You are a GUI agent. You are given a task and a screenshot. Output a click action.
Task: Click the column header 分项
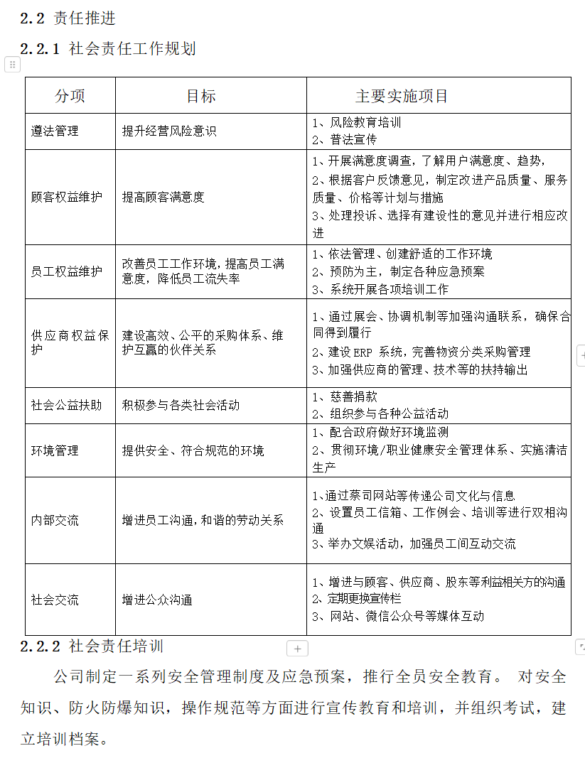click(x=70, y=96)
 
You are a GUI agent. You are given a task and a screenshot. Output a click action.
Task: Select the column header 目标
click(x=201, y=96)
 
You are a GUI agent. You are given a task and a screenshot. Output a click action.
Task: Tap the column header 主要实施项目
click(x=402, y=96)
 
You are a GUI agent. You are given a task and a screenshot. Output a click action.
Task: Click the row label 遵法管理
click(x=55, y=131)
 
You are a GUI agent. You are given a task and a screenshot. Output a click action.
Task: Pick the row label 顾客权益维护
click(x=66, y=197)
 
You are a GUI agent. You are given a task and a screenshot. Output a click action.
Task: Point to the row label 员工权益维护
click(x=66, y=271)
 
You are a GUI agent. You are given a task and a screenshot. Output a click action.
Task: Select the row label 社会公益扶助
click(x=66, y=405)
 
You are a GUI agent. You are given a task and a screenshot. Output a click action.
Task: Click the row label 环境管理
click(x=55, y=450)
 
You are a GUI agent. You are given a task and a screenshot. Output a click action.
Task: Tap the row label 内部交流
click(x=55, y=520)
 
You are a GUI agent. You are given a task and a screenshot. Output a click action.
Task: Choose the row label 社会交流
click(x=55, y=600)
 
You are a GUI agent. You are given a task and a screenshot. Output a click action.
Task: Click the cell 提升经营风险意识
click(x=168, y=131)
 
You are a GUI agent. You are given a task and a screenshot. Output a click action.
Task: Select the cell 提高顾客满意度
click(x=163, y=197)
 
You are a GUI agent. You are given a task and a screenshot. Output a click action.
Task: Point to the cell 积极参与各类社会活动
click(x=181, y=405)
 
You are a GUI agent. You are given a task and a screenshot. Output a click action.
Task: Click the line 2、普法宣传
click(x=345, y=140)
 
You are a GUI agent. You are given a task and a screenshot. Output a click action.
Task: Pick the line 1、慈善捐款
click(x=345, y=396)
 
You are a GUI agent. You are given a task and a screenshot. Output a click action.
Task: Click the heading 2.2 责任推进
click(x=68, y=18)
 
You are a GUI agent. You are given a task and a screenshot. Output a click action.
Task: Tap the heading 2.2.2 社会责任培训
click(x=92, y=646)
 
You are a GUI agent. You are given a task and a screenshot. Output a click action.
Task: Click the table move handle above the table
click(x=12, y=65)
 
